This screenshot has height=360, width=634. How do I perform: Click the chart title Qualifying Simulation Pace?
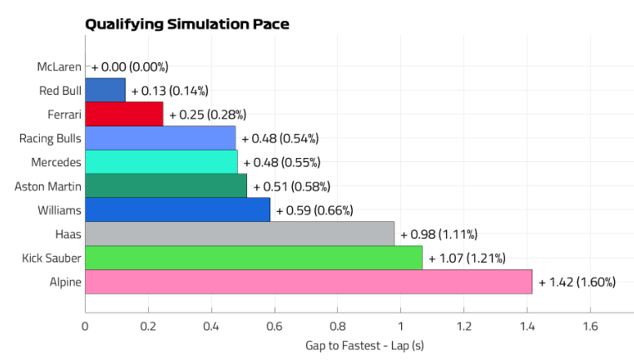coord(187,24)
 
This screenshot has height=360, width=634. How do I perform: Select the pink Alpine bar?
coord(308,282)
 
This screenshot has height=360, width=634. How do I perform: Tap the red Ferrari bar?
coord(124,114)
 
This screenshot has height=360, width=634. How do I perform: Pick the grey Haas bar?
coord(240,234)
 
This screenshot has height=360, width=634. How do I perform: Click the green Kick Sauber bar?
coord(254,258)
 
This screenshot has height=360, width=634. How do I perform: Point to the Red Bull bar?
coord(105,90)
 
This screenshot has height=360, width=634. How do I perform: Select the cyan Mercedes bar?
coord(161,162)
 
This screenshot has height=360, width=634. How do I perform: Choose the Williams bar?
coord(177,210)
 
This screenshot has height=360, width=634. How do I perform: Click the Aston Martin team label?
coord(48,186)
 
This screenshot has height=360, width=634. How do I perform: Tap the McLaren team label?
coord(59,67)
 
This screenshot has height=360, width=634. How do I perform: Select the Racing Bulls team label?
coord(50,138)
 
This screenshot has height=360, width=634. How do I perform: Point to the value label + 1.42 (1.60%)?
coord(577,282)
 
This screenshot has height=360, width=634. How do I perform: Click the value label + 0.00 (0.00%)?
coord(130,67)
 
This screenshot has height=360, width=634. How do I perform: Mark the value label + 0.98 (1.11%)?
coord(438,234)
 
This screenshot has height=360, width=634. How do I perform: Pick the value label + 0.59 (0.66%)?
coord(315,210)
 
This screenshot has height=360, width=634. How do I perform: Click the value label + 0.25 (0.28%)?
coord(207,114)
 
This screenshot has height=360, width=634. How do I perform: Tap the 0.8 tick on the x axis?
coord(337,326)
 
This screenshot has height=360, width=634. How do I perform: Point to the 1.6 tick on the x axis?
coord(589,326)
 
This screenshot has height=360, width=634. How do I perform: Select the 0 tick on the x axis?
coord(85,326)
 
